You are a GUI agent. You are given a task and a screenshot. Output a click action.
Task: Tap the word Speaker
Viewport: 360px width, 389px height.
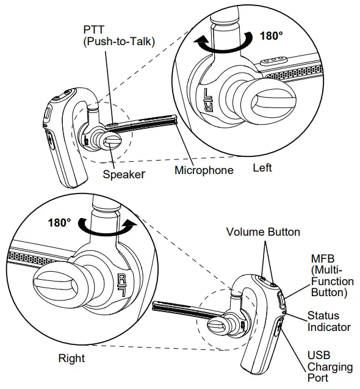click(123, 174)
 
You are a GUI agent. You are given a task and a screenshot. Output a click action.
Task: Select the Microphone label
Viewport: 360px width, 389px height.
click(204, 170)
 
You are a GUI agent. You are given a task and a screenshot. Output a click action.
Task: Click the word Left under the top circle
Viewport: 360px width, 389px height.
click(262, 167)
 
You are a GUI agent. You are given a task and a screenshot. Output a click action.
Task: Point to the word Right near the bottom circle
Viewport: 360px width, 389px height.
click(71, 358)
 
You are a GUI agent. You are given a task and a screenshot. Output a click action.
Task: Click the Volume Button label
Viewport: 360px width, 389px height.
click(263, 232)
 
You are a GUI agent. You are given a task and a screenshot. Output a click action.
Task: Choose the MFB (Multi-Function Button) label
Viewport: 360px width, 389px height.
click(332, 275)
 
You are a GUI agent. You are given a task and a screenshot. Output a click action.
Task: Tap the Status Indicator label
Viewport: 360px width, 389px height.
click(328, 321)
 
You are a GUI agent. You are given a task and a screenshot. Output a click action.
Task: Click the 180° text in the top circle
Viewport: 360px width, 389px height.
click(272, 35)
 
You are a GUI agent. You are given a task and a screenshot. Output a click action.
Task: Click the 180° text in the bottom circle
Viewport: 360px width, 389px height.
click(59, 221)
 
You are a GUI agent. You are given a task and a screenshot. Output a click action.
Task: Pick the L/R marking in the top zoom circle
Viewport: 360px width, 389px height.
click(206, 101)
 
